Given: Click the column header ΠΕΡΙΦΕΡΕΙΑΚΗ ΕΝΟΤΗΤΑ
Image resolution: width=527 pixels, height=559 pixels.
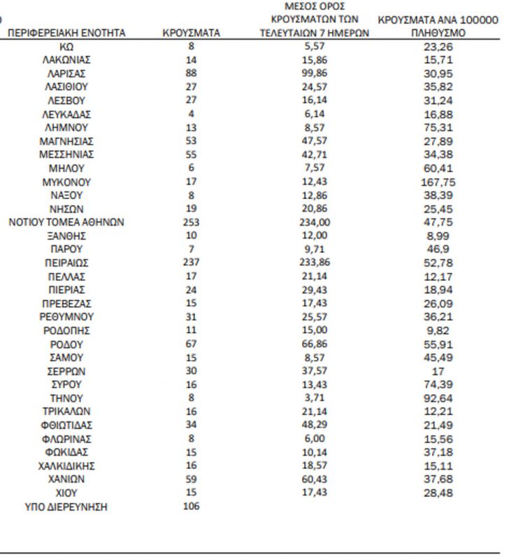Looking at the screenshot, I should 66,33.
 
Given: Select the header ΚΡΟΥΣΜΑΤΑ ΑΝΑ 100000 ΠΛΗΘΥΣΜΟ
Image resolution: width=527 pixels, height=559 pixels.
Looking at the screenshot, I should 438,27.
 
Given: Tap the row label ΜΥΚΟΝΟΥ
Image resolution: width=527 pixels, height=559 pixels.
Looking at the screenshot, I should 66,182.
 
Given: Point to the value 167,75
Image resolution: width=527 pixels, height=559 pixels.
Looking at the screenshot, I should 438,182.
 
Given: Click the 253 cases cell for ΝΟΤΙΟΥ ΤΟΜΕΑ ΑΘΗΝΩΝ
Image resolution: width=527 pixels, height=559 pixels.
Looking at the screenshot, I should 191,222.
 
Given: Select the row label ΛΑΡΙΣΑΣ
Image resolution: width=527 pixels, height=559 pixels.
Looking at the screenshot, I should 66,73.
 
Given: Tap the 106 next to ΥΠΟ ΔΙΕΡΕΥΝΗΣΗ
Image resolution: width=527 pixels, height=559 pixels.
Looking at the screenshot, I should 191,506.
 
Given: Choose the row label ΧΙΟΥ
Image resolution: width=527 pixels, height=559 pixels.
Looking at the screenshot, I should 66,493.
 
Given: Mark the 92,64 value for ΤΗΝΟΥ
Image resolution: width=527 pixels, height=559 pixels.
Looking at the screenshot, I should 438,398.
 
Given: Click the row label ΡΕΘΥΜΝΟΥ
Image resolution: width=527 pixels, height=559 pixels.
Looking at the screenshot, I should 66,317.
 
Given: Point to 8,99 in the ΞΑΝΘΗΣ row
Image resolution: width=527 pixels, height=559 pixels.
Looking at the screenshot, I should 438,236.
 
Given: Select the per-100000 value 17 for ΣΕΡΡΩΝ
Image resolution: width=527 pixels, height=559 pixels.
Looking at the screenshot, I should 438,371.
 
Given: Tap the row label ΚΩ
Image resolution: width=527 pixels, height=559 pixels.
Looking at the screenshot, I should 66,46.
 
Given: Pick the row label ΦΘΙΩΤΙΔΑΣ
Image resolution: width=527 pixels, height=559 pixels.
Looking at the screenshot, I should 66,425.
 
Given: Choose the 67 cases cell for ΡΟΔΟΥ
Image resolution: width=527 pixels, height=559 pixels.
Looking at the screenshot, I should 191,344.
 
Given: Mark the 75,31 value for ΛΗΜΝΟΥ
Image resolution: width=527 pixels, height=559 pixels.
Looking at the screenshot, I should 438,127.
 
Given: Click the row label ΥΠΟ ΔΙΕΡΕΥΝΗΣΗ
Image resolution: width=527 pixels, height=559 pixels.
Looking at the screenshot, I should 66,507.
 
